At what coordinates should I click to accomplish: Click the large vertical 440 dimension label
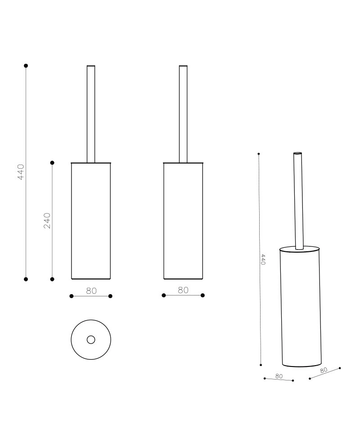point(21,172)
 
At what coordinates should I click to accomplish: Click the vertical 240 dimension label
point(47,220)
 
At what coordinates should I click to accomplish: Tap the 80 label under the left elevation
point(91,291)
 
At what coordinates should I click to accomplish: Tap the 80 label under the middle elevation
point(183,290)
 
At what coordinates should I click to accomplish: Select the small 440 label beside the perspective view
point(263,260)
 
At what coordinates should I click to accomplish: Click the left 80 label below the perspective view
point(279,376)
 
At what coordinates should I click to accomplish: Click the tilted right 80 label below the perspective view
point(324,370)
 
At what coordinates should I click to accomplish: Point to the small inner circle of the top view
point(91,340)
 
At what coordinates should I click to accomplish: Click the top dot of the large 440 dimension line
point(26,66)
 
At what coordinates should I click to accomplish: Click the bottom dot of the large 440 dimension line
point(26,279)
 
